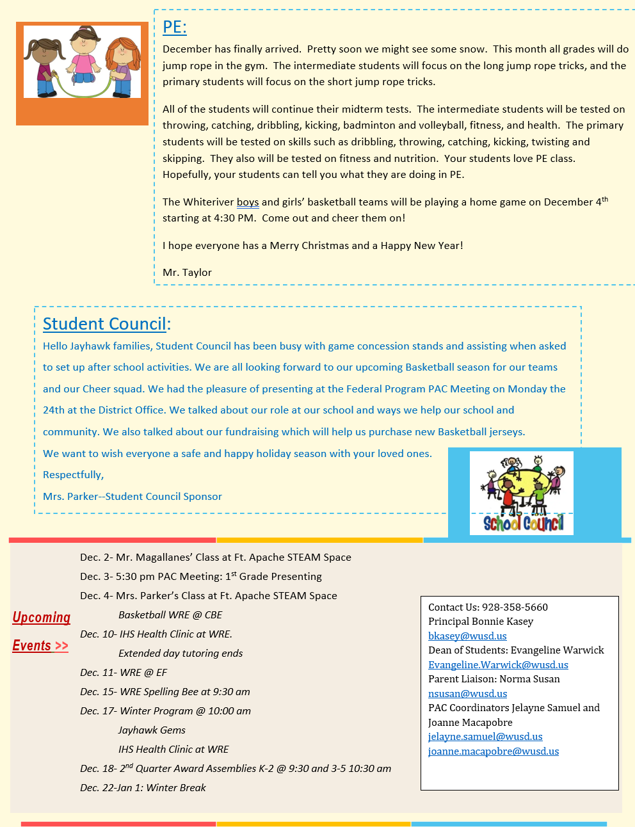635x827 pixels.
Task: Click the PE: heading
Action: pos(174,27)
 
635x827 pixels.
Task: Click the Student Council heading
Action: pos(106,324)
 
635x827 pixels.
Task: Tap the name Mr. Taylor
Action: pos(187,273)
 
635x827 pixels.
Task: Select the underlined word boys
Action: pos(248,202)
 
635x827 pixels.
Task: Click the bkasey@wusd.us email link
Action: pos(467,636)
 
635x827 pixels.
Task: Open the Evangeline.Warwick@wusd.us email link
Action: pos(498,665)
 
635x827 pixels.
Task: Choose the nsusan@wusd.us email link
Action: pos(467,694)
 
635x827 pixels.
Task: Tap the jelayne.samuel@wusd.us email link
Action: pos(485,737)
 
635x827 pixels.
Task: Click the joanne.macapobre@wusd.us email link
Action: pos(494,751)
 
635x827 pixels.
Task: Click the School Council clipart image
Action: pos(522,493)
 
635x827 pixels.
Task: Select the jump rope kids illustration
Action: pos(82,62)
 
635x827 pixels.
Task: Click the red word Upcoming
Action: pos(42,618)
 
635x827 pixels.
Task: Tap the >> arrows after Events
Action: pos(61,646)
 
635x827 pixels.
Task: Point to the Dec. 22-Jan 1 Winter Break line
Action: pos(143,788)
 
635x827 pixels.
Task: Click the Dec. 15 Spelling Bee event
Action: pos(165,692)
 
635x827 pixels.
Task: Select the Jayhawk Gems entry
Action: pos(152,730)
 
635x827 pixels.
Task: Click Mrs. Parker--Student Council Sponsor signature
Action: pos(133,497)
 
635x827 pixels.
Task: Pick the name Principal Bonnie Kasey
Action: pos(481,622)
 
